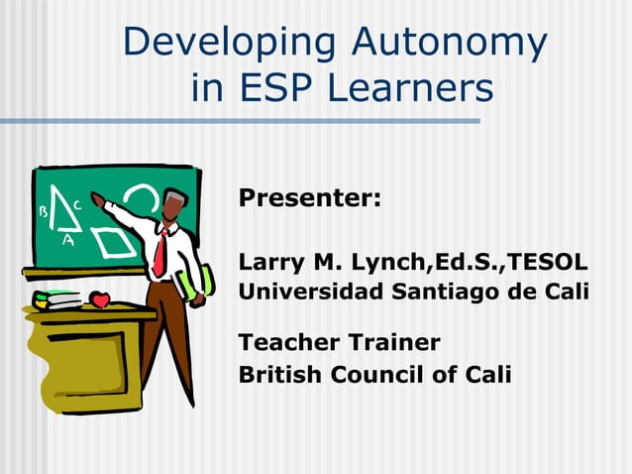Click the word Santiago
coord(445,293)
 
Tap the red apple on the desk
coord(99,298)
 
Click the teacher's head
coord(175,205)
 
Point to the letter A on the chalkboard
coord(68,239)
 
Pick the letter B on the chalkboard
coord(43,211)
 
